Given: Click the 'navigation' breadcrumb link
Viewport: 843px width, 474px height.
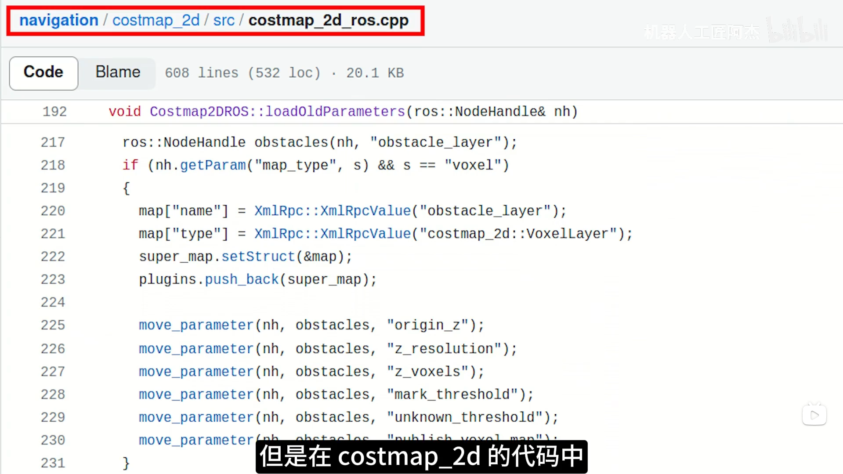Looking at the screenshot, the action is (x=58, y=20).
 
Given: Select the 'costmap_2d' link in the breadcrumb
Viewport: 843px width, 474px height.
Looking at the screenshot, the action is (x=156, y=20).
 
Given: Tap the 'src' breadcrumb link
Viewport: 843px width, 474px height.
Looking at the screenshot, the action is (x=224, y=20).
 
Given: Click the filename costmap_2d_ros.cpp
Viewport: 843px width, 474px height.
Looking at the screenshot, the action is (x=328, y=20).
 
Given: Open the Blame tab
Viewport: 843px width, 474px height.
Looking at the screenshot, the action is (x=118, y=72).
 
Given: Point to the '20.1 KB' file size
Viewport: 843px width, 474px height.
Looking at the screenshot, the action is (x=375, y=73).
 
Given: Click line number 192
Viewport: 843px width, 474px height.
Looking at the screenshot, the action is (x=54, y=112).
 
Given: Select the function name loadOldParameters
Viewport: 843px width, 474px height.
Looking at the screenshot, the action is (x=335, y=112).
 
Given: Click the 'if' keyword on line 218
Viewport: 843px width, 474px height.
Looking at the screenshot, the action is (x=130, y=165).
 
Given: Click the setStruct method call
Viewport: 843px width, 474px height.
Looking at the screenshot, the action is (x=258, y=257).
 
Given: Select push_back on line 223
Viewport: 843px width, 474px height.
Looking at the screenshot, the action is (x=242, y=279).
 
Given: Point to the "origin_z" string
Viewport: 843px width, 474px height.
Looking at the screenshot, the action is (x=427, y=325).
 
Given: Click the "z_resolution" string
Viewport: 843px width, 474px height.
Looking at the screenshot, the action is (x=444, y=349).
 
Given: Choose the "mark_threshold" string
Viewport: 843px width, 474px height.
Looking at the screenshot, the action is (x=452, y=394).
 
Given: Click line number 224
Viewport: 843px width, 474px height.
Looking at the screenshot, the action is (x=53, y=302).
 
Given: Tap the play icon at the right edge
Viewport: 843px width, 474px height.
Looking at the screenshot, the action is (x=814, y=415).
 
